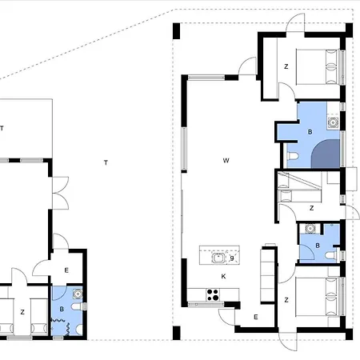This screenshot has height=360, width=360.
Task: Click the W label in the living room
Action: coord(226,161)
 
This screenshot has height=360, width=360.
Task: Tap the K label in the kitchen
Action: coord(223,276)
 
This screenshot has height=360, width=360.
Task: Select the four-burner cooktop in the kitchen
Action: coord(213,295)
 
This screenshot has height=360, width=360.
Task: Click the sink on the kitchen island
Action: coord(218,258)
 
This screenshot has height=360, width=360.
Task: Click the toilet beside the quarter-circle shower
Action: coord(293,156)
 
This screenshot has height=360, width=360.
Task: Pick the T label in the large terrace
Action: coord(106,162)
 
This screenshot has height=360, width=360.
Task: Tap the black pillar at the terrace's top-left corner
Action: coord(177,31)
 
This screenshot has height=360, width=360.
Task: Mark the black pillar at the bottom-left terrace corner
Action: coord(177,333)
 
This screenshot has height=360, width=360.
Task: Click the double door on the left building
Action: coord(61,193)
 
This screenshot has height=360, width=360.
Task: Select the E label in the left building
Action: coord(66,270)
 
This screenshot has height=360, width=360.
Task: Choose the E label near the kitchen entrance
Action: coord(256,317)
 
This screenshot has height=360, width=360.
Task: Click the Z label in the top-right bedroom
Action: coord(286,66)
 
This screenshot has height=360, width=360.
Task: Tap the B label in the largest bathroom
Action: coord(310,132)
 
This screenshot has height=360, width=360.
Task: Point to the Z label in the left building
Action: coord(22,312)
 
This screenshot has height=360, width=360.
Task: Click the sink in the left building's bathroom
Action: coord(78,294)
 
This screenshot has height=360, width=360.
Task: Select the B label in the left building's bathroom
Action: coord(62,309)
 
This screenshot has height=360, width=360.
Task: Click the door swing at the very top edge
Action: coord(295,22)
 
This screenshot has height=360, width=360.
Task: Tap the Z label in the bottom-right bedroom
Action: coord(286,300)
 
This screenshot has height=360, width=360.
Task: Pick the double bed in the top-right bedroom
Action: coord(318,66)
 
